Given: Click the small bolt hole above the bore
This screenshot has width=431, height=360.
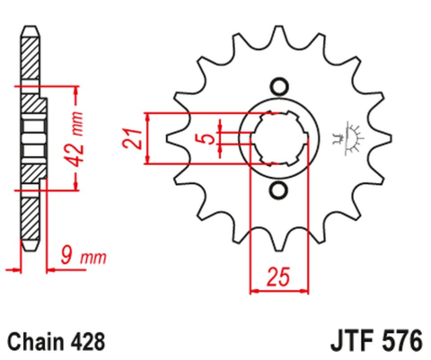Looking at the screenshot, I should (277, 86).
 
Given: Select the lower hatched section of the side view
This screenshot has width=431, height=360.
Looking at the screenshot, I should (31, 213).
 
